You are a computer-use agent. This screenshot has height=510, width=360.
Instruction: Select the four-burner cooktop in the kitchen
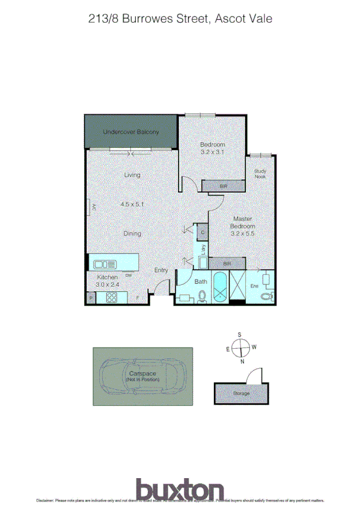[112, 297]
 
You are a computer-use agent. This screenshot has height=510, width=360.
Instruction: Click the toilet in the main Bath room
[202, 296]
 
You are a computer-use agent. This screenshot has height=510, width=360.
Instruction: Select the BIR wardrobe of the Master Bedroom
[227, 263]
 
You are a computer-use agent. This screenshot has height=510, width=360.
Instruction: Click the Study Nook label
[260, 173]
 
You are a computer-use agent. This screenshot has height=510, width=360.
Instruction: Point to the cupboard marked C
[203, 232]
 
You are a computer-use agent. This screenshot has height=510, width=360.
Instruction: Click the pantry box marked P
[91, 298]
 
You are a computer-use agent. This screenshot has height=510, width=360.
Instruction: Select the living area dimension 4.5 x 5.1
[132, 204]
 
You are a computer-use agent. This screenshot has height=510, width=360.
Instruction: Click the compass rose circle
[240, 347]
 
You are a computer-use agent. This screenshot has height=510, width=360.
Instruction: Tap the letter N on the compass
[242, 361]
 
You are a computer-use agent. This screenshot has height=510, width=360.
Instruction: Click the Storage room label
[241, 393]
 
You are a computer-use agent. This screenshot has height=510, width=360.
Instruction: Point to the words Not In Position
[142, 380]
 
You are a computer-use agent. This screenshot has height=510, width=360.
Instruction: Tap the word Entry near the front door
[161, 270]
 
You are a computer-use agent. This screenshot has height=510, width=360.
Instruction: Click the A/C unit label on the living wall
[94, 207]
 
